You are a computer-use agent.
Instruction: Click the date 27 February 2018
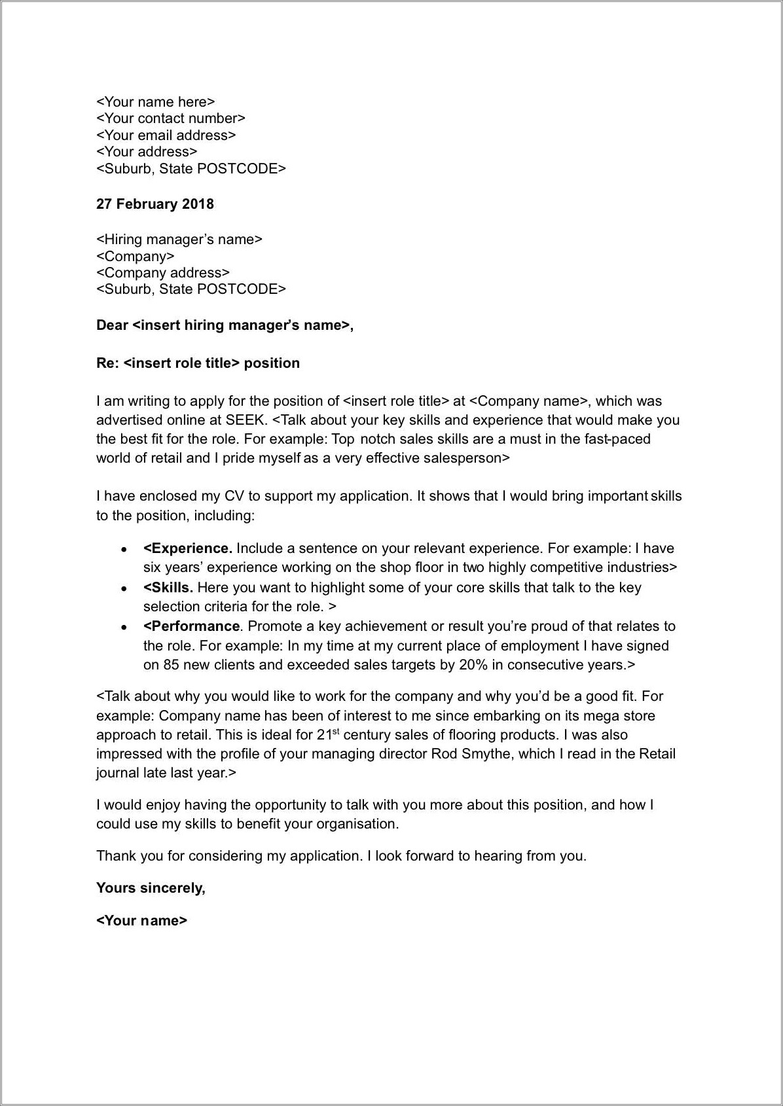coord(155,204)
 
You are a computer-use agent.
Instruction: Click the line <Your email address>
coord(166,135)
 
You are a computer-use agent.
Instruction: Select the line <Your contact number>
coord(170,118)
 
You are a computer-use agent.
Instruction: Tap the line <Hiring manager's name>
coord(179,240)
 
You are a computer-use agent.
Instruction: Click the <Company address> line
coord(162,273)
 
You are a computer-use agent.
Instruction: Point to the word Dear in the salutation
coord(112,325)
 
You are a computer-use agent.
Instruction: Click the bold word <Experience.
coord(187,548)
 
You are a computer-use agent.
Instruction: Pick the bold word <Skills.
coord(168,588)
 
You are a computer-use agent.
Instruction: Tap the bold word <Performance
coord(192,626)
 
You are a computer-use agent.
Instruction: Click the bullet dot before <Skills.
coord(123,589)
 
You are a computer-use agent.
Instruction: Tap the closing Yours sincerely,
coord(151,888)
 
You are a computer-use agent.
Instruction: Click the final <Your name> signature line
coord(141,921)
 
